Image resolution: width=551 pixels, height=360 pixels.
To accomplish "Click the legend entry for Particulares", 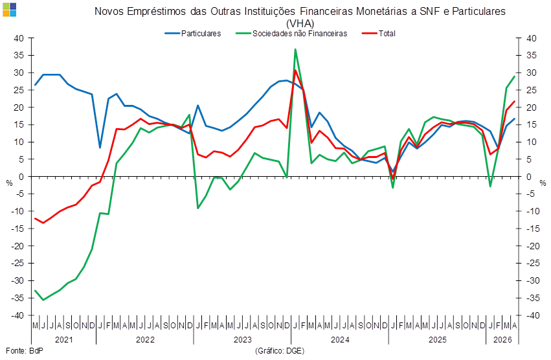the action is click(193, 34).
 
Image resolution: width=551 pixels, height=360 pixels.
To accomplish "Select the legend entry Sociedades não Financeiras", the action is click(291, 34).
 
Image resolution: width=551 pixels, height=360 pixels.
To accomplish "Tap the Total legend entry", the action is click(379, 34).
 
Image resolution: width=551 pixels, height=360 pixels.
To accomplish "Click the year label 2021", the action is click(64, 340).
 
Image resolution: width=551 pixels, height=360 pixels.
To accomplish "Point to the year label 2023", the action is click(242, 340).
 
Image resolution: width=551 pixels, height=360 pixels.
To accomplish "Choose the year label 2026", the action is click(502, 340).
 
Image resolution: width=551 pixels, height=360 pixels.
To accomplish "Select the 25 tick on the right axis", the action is click(532, 90).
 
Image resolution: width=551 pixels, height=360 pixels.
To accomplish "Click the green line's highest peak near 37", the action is click(295, 49).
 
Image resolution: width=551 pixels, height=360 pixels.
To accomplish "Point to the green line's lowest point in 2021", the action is click(43, 300).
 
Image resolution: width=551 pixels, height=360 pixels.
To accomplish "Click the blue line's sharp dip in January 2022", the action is click(100, 148).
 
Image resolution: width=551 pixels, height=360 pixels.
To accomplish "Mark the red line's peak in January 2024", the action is click(295, 71).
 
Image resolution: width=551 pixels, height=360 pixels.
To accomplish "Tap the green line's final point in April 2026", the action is click(515, 76).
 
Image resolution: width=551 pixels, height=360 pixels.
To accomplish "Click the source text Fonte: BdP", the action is click(25, 350).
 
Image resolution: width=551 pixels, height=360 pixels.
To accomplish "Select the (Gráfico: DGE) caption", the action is click(280, 350).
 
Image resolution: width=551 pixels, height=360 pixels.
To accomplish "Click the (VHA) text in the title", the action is click(300, 23).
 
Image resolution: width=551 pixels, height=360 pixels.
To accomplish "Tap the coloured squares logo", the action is click(9, 10).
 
